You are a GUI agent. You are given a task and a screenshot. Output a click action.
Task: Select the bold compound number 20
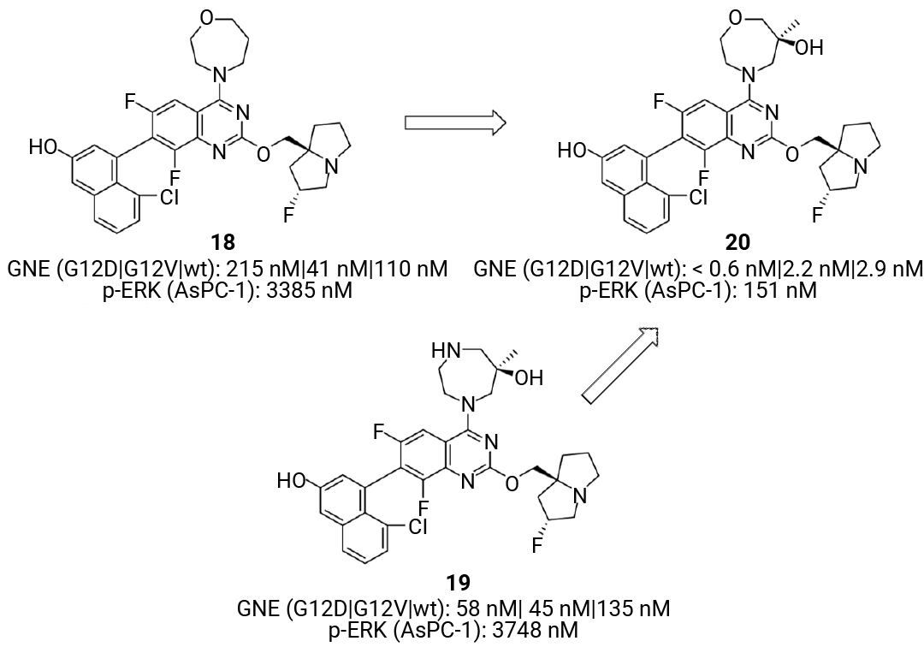coord(737,243)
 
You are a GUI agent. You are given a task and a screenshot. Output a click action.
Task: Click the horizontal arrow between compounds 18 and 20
coord(455,122)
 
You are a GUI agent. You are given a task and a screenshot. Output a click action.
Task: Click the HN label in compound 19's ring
coord(446,352)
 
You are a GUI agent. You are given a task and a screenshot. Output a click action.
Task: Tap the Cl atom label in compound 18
coord(169,198)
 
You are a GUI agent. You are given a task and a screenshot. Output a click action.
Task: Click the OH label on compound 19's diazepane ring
coord(529,377)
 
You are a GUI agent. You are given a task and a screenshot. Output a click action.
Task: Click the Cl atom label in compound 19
coord(418,527)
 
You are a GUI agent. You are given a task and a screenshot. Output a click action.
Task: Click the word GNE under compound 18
coord(27,270)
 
